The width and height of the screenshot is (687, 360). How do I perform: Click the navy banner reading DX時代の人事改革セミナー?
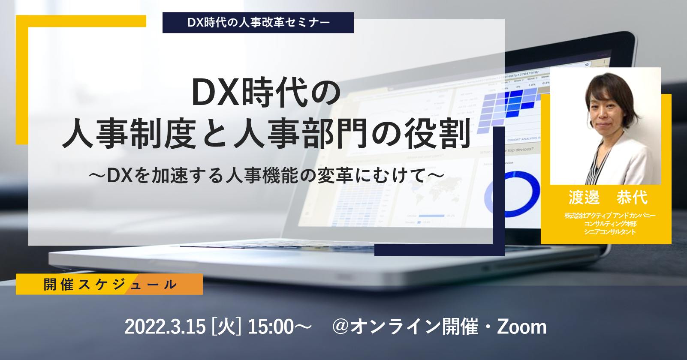pyautogui.click(x=258, y=22)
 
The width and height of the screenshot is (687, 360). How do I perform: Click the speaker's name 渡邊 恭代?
pyautogui.click(x=608, y=197)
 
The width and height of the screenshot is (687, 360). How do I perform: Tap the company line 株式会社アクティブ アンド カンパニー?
pyautogui.click(x=610, y=216)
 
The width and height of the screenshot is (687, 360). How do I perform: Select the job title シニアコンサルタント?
pyautogui.click(x=610, y=232)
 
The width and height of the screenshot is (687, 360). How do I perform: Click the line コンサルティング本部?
pyautogui.click(x=610, y=224)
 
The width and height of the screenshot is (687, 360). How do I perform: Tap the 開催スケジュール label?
pyautogui.click(x=110, y=285)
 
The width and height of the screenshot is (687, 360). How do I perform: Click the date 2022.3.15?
pyautogui.click(x=165, y=327)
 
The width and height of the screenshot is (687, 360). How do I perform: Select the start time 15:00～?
pyautogui.click(x=280, y=327)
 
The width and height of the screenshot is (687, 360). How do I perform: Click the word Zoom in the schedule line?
pyautogui.click(x=522, y=327)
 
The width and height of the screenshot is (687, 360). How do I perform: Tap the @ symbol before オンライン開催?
pyautogui.click(x=340, y=327)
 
